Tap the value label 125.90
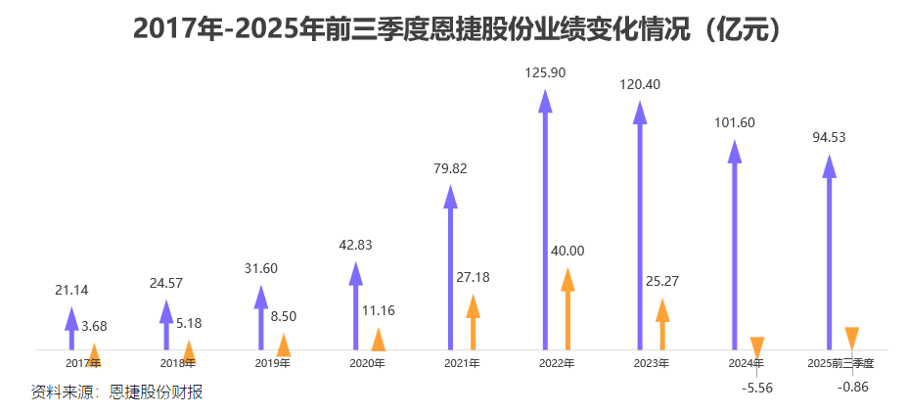pos(545,72)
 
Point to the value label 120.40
pos(640,84)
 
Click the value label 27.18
pos(474,277)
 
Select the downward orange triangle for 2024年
pos(756,346)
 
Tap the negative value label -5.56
pos(757,388)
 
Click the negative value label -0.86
pos(853,388)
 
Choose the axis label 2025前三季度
pos(840,363)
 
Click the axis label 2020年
pos(367,363)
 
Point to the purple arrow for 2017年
pos(71,328)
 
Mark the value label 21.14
pos(71,290)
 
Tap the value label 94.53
pos(829,137)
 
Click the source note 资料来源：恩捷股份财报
pos(117,392)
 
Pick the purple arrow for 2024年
pos(734,245)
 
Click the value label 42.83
pos(355,245)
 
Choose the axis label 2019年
pos(272,363)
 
